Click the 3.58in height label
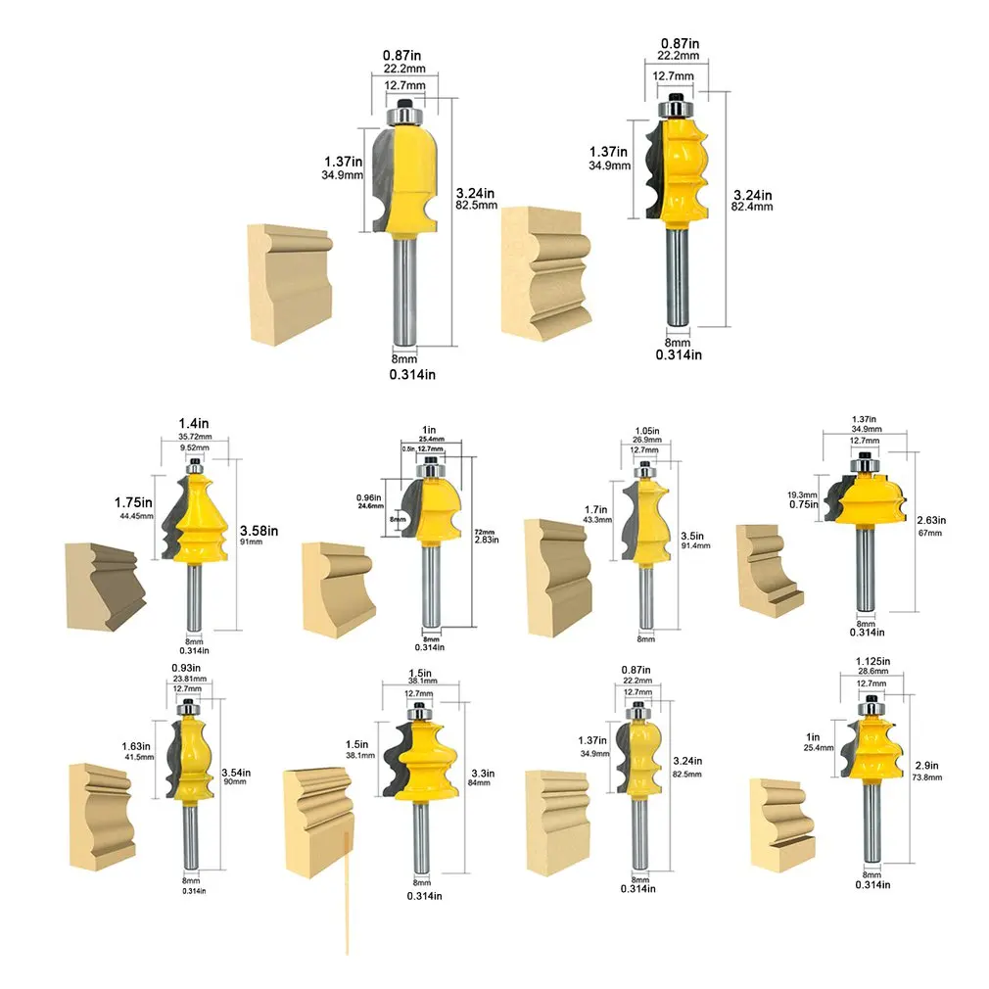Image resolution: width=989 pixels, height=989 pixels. point(259,531)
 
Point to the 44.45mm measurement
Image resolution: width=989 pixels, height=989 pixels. point(137,516)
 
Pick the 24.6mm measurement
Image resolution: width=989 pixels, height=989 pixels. point(370,506)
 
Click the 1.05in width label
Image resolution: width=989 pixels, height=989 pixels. point(646,430)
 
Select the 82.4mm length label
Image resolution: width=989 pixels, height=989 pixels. point(754,207)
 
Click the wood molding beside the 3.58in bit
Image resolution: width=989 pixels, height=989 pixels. point(104,585)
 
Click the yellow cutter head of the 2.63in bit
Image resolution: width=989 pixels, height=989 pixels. point(868,494)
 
